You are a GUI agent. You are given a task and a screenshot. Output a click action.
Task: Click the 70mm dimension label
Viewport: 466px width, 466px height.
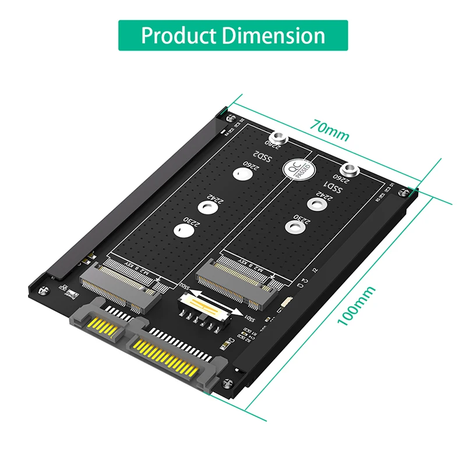tap(329, 131)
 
